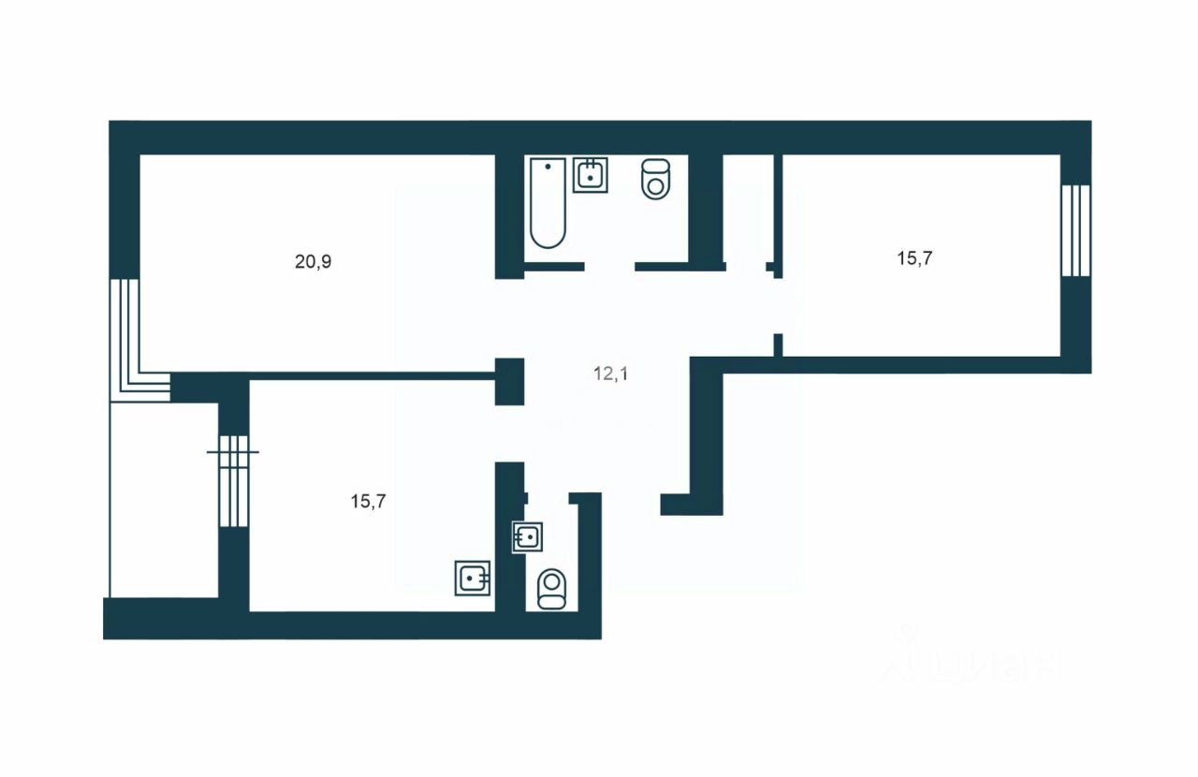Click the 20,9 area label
tap(314, 262)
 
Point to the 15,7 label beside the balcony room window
tap(369, 501)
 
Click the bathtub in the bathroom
tap(547, 203)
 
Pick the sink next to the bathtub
tap(591, 175)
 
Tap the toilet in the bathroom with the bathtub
tap(657, 178)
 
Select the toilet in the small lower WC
tap(552, 589)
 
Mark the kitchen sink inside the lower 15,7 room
tap(473, 578)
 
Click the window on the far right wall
tap(1075, 230)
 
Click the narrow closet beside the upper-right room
tap(749, 211)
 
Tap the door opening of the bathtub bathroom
tap(609, 267)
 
